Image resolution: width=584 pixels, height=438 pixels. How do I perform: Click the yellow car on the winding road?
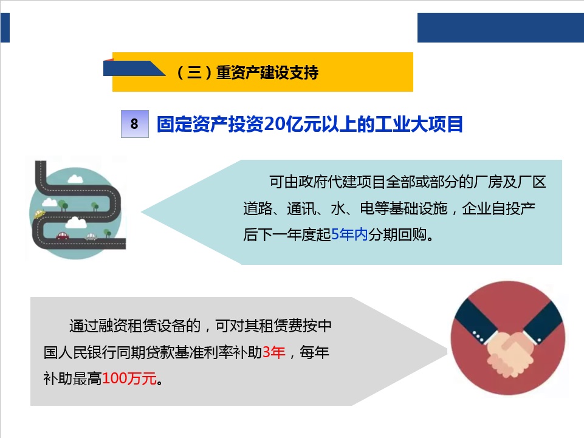pos(40,213)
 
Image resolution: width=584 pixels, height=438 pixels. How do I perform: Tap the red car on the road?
pos(63,236)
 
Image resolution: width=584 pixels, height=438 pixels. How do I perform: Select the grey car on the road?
pos(91,236)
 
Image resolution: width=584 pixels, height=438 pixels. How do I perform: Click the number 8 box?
pos(134,124)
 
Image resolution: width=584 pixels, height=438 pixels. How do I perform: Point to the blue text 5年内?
pos(349,234)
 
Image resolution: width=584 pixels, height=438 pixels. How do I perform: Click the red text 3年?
pos(273,352)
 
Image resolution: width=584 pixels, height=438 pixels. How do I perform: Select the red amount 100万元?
pos(129,379)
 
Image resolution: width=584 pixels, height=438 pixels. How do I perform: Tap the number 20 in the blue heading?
pos(274,124)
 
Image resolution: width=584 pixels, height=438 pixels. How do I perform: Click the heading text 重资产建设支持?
pos(267,72)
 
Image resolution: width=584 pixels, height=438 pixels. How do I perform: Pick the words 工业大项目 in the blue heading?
pos(419,124)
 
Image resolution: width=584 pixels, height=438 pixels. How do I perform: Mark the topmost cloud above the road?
pos(75,179)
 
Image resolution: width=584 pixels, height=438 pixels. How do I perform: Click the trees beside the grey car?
pos(108,233)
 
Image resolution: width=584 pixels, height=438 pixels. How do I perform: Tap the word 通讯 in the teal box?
pos(301,208)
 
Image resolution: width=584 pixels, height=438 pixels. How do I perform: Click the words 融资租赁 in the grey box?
pos(128,326)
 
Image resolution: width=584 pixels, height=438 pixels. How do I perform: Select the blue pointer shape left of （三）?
pos(134,68)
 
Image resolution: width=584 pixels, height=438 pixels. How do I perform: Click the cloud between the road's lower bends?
pos(76,223)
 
